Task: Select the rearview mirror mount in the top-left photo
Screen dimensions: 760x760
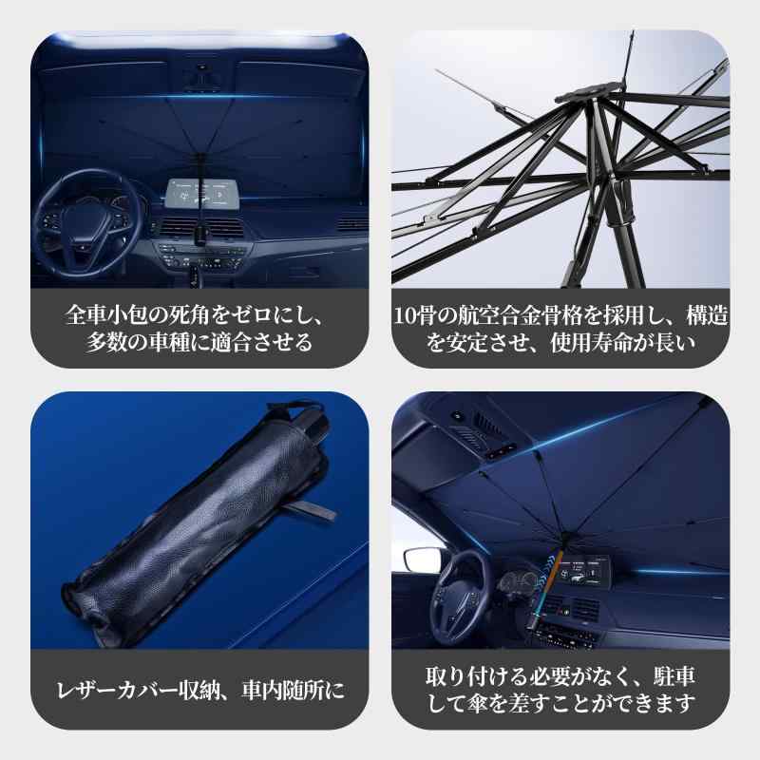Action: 201,77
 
